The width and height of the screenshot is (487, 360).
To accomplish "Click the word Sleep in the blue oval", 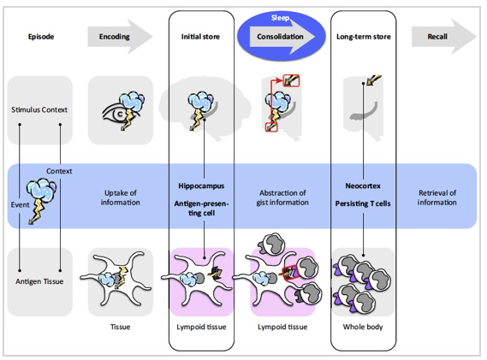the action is click(x=280, y=18).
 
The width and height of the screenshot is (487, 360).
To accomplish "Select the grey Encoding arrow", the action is click(x=120, y=37).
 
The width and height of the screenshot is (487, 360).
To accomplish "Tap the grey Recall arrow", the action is click(x=444, y=37).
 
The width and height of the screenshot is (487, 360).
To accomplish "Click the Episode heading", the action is click(x=41, y=37).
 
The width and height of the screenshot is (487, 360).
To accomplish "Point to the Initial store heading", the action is click(x=200, y=37).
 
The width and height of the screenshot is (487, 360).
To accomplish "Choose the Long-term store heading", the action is click(x=364, y=37).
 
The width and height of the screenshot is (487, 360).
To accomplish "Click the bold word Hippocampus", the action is click(x=201, y=186).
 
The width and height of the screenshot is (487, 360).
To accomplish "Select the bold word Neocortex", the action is click(x=363, y=186).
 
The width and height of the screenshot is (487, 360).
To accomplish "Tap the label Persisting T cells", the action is click(x=363, y=204).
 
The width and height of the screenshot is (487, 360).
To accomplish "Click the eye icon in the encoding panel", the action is click(x=117, y=114).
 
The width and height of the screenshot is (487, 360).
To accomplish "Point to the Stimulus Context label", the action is click(x=39, y=109).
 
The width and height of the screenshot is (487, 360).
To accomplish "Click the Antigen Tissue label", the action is click(x=39, y=281).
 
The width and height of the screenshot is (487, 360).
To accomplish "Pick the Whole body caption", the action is click(x=363, y=327).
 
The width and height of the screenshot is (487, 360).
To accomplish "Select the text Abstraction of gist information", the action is click(x=282, y=198).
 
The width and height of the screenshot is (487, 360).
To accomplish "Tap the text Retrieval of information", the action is click(x=437, y=198).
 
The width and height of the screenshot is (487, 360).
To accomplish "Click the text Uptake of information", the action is click(x=120, y=198).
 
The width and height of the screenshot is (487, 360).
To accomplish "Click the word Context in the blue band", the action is click(x=59, y=171).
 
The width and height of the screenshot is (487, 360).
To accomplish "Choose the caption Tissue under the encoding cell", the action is click(x=120, y=327).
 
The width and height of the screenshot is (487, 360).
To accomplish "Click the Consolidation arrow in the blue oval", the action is click(x=282, y=37).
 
